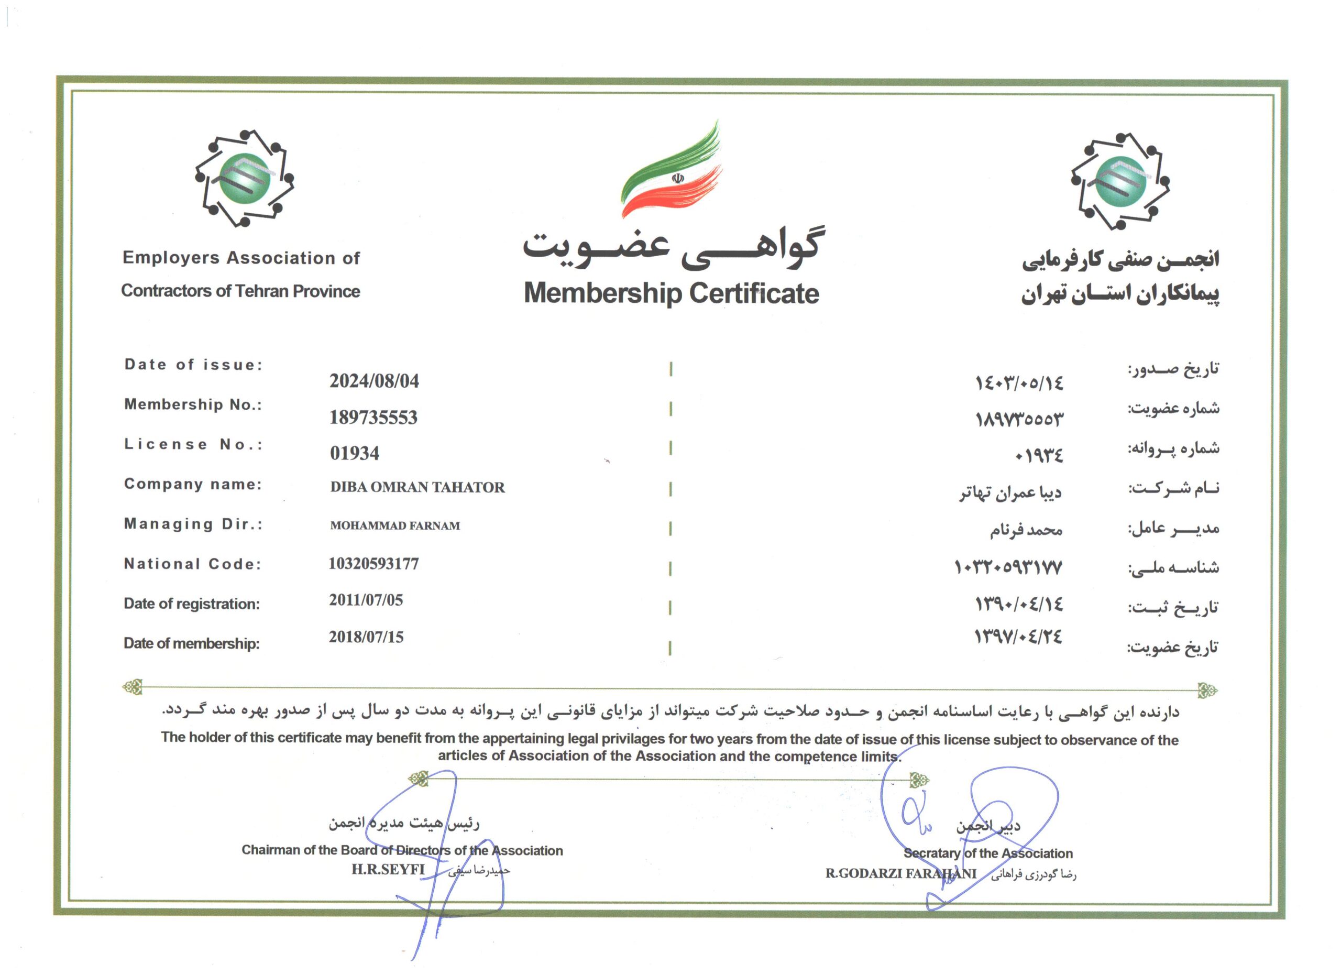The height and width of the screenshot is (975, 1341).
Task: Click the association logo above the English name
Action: (244, 178)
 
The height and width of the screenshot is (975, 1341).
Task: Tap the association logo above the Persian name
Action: (1120, 181)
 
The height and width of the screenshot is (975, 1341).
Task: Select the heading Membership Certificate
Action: (671, 293)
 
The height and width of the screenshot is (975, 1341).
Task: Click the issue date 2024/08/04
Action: (374, 381)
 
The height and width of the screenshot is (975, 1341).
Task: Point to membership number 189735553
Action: (373, 418)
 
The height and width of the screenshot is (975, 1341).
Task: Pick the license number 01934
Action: (354, 454)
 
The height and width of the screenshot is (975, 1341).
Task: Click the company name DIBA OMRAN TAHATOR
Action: (417, 487)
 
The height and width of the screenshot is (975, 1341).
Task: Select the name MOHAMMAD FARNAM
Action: (395, 525)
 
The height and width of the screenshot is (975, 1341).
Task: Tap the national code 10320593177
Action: (373, 564)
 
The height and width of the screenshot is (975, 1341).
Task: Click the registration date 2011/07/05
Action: (366, 600)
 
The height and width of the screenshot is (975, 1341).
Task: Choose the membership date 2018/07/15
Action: (366, 637)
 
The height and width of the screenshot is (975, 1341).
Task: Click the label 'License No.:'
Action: (193, 445)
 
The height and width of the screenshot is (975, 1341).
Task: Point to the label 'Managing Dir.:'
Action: (193, 524)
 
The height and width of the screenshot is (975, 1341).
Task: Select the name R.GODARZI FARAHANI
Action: (900, 873)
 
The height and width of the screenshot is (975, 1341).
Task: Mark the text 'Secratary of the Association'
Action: (987, 853)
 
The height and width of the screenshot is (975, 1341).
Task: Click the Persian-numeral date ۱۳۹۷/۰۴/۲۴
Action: (1018, 637)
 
